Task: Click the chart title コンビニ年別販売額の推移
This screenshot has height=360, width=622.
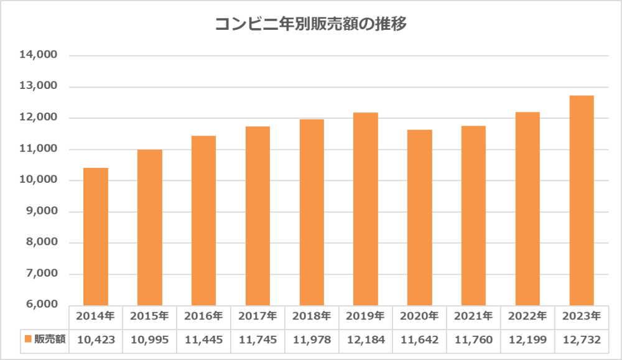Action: [310, 24]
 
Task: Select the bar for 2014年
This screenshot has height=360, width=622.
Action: [96, 236]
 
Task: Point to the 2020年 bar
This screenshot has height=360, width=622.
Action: [420, 218]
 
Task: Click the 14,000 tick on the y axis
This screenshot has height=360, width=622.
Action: [39, 55]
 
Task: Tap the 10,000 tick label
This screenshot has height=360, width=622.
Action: [39, 180]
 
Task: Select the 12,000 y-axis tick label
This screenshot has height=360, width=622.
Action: [39, 118]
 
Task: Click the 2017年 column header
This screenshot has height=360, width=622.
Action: [258, 316]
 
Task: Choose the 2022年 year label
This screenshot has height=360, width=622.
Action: [527, 316]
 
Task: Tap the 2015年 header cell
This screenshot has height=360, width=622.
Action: [149, 316]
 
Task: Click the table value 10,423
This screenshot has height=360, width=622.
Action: [95, 339]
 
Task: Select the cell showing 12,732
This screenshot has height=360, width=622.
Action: [582, 339]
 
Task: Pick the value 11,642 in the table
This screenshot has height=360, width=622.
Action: [420, 339]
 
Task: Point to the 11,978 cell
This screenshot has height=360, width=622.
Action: [312, 339]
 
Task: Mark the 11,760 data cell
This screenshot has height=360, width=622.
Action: [473, 339]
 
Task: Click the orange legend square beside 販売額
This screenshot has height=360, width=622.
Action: [28, 339]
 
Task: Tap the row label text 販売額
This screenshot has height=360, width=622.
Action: [48, 339]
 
